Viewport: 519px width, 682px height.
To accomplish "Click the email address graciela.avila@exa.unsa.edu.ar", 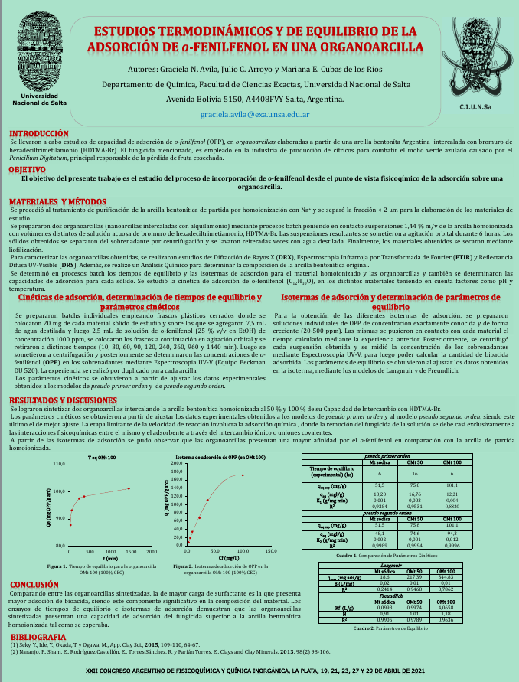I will [254, 114].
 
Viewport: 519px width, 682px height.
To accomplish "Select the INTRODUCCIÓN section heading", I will [38, 132].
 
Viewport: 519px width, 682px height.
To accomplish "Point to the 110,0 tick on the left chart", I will [57, 465].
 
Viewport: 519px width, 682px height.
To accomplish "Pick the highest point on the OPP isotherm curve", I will [243, 475].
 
